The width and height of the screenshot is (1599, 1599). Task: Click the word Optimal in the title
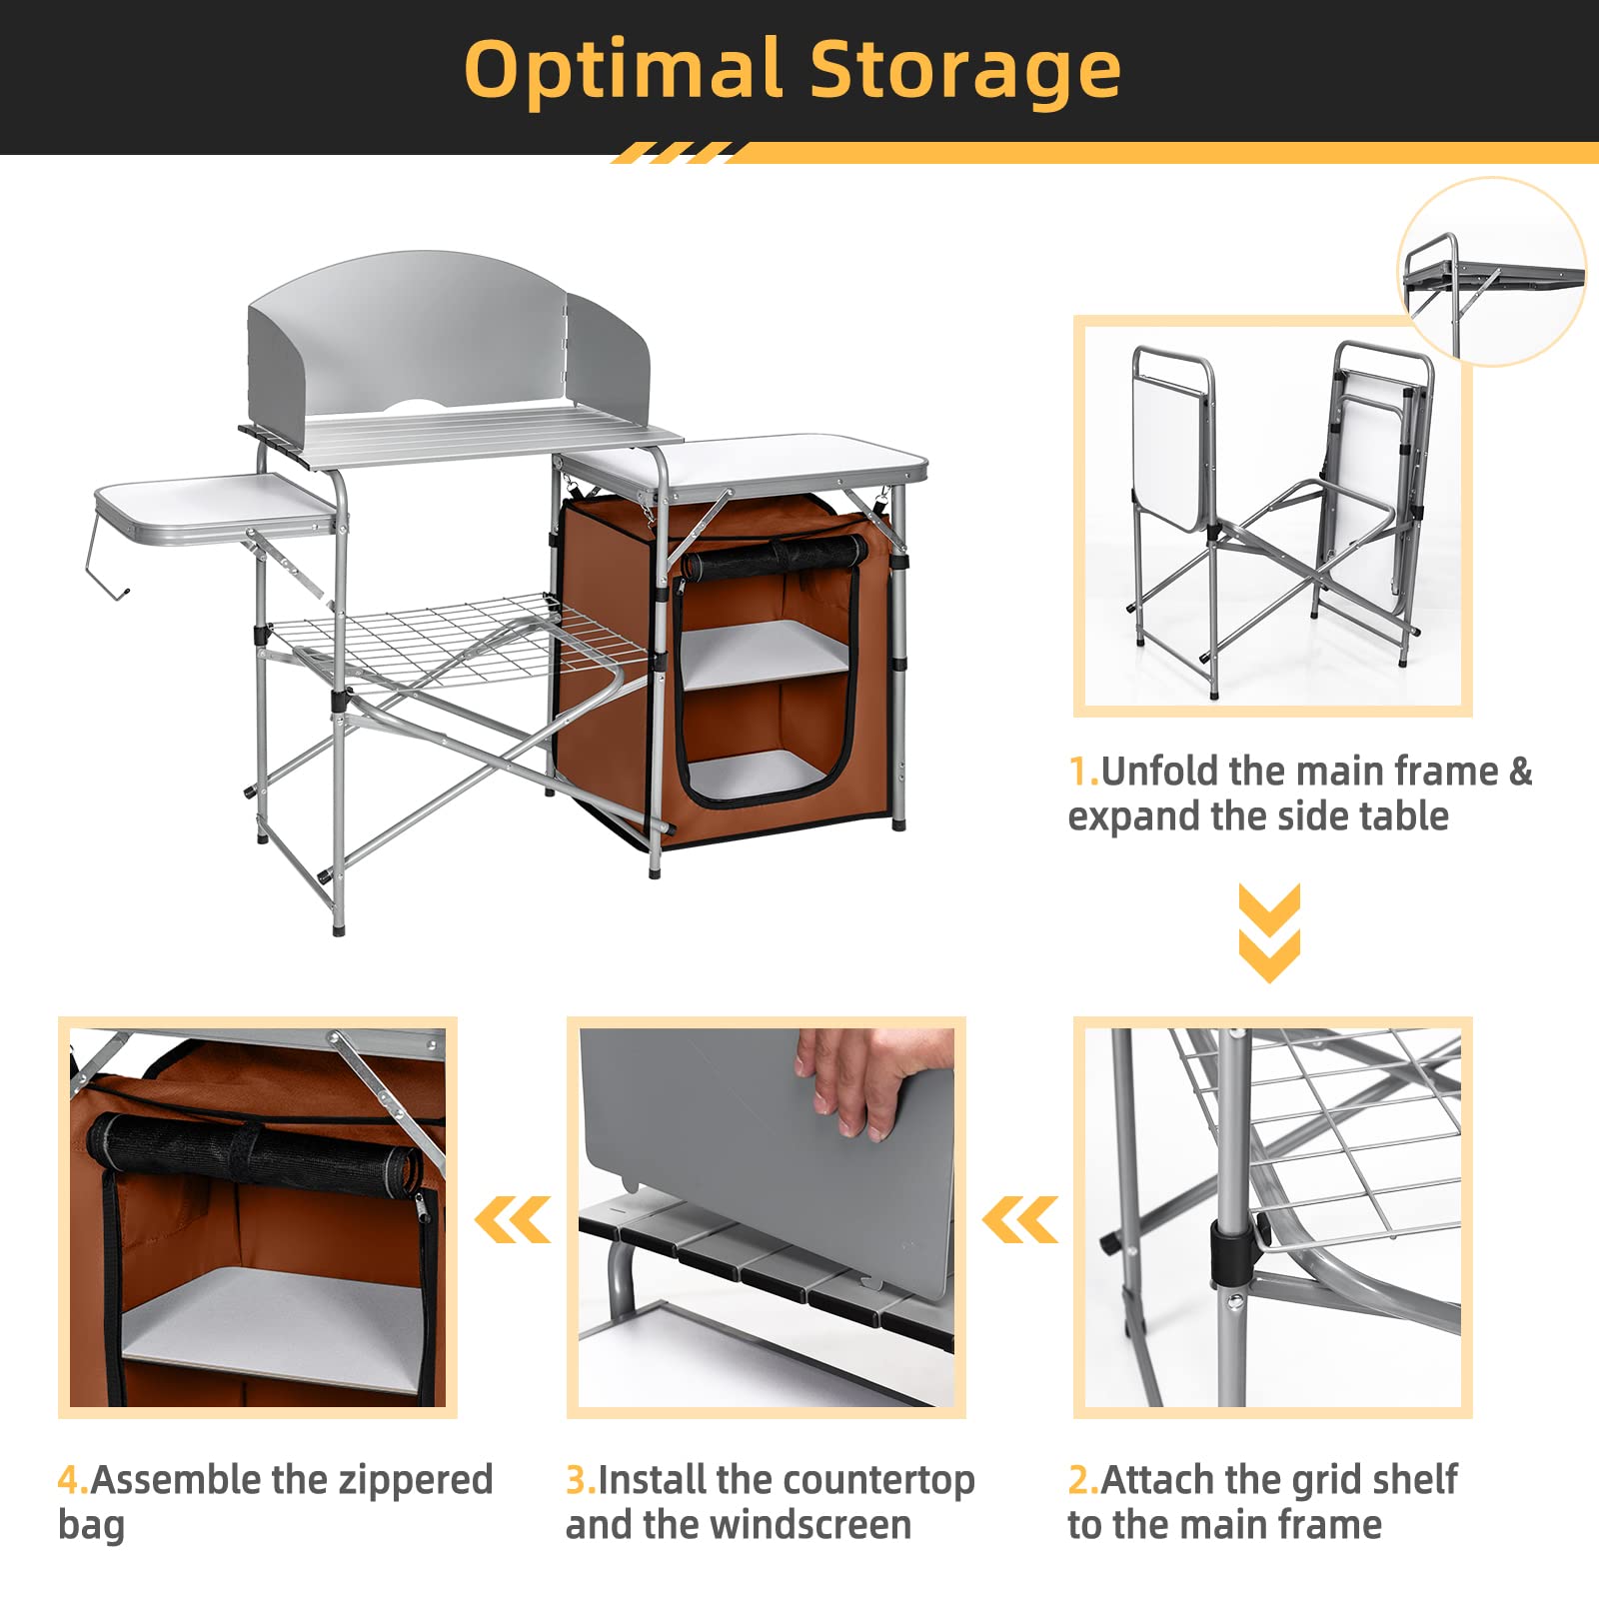click(623, 70)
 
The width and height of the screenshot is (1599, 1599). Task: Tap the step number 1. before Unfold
click(1083, 772)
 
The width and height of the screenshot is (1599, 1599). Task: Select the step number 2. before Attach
click(1083, 1479)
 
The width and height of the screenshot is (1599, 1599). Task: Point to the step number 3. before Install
click(581, 1479)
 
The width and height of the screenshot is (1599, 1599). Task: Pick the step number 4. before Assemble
click(73, 1479)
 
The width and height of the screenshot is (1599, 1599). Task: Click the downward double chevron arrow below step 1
click(1269, 932)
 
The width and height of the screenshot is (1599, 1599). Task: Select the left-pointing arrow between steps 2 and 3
click(1019, 1219)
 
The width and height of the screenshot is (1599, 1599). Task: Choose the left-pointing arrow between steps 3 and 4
click(512, 1219)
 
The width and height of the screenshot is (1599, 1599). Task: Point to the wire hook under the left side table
click(107, 560)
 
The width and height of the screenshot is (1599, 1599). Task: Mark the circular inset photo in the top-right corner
click(1491, 272)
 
